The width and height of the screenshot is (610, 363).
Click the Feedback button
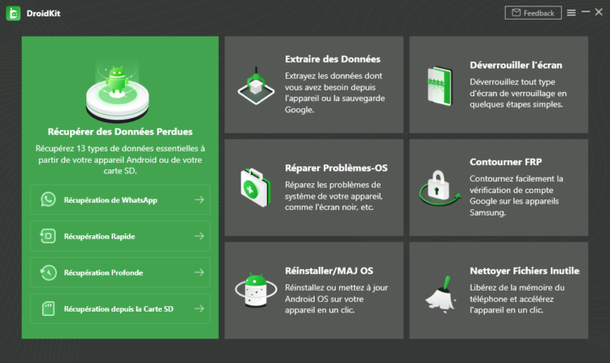point(533,13)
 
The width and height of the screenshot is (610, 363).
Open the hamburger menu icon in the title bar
point(571,13)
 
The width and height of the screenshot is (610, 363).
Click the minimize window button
point(586,11)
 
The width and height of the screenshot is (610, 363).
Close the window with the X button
point(599,12)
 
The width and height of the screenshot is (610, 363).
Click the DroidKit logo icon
point(13,13)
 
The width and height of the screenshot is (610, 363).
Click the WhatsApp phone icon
point(48,199)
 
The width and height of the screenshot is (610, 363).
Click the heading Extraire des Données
point(333,59)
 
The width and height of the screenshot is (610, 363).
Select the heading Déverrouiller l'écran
point(516,65)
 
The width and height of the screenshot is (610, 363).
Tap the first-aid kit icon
point(255,188)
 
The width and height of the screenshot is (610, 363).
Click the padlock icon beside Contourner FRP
point(439,187)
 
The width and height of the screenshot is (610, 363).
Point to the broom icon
point(441,295)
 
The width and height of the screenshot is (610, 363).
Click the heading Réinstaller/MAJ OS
point(329,271)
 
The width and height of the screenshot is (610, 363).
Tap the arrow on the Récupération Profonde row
point(199,272)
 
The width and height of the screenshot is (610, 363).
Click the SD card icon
point(48,308)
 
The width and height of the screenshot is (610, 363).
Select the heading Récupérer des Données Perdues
point(120,132)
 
